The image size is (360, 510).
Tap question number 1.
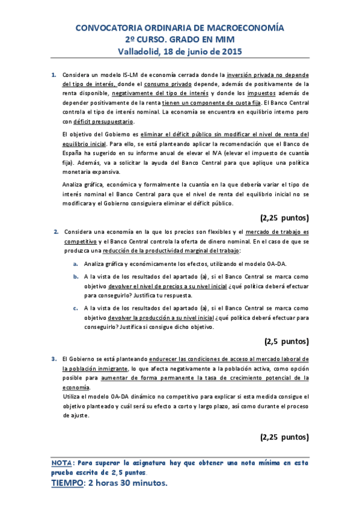[x=53, y=75]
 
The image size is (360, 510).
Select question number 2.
[x=56, y=232]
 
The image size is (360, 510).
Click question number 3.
[x=53, y=359]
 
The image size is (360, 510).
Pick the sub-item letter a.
[x=75, y=263]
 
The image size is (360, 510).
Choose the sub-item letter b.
[x=75, y=277]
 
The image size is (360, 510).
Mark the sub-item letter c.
[x=75, y=309]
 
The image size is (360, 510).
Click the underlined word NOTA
[x=61, y=463]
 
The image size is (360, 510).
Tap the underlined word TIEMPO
[x=66, y=483]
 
